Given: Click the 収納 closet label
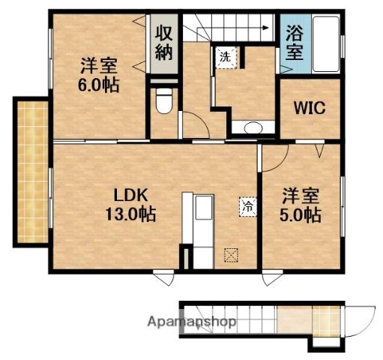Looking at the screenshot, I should pos(165,42).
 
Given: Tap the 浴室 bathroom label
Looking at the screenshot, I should pos(294,43).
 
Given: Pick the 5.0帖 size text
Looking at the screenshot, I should pos(302,216).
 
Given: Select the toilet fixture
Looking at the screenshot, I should pos(163,101).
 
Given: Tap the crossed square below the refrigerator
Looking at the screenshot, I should pos(231,255).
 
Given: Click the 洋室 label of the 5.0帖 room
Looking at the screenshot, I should pos(301,197).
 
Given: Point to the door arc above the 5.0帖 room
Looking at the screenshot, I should pos(276,156).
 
